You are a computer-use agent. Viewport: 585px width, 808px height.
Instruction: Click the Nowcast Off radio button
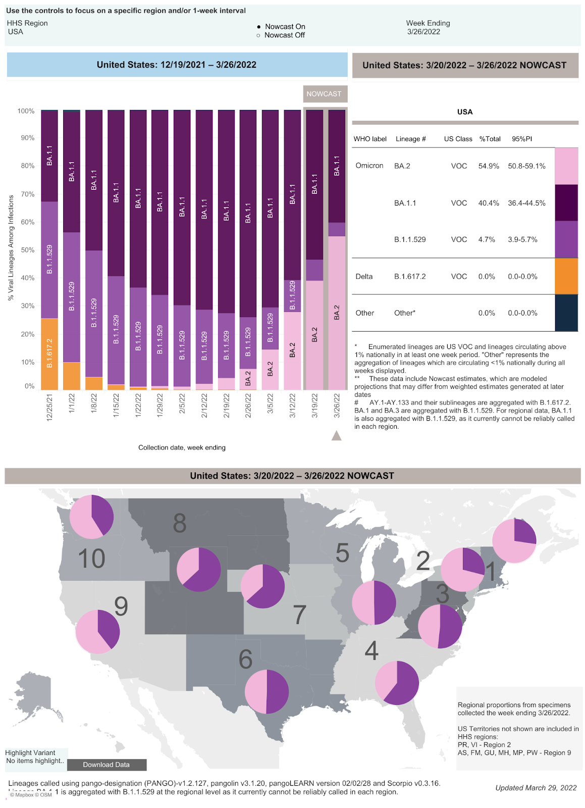pyautogui.click(x=258, y=35)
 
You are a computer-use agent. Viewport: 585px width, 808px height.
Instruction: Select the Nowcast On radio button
pyautogui.click(x=258, y=27)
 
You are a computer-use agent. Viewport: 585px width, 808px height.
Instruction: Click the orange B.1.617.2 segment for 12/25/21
pyautogui.click(x=49, y=353)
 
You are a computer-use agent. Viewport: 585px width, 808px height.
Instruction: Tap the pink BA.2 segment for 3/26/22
pyautogui.click(x=337, y=313)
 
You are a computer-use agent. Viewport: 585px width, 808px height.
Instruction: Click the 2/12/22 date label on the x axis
pyautogui.click(x=204, y=406)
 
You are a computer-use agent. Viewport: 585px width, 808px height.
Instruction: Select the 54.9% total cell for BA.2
pyautogui.click(x=489, y=166)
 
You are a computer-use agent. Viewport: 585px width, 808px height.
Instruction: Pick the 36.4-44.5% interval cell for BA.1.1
pyautogui.click(x=526, y=203)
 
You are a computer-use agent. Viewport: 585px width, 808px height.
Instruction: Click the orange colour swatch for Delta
pyautogui.click(x=566, y=276)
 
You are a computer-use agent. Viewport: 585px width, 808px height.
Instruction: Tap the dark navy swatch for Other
pyautogui.click(x=566, y=313)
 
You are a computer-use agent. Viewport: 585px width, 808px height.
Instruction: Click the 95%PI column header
pyautogui.click(x=521, y=139)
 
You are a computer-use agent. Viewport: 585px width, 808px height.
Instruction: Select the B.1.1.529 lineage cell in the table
pyautogui.click(x=410, y=239)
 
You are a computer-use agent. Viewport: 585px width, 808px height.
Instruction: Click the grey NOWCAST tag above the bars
pyautogui.click(x=324, y=94)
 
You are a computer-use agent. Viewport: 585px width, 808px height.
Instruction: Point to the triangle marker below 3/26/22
pyautogui.click(x=336, y=435)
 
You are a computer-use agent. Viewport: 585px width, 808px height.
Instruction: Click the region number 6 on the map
pyautogui.click(x=245, y=659)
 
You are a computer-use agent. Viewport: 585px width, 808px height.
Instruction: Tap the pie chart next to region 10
pyautogui.click(x=91, y=517)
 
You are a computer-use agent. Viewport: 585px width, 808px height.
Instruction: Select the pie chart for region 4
pyautogui.click(x=397, y=683)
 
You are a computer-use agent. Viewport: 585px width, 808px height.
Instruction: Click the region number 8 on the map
pyautogui.click(x=180, y=523)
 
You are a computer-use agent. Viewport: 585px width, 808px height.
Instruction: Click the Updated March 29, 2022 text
pyautogui.click(x=536, y=788)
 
